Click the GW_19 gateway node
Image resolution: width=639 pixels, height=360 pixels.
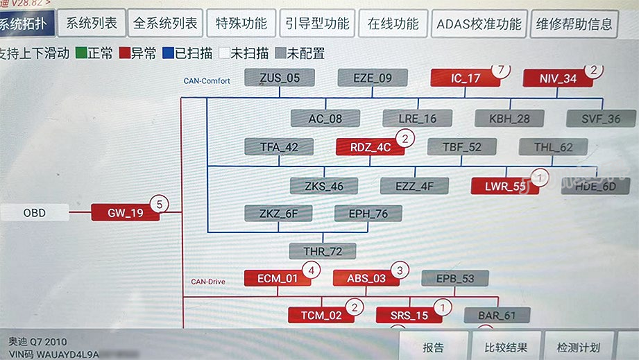click(126, 213)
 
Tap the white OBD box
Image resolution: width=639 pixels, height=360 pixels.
click(35, 213)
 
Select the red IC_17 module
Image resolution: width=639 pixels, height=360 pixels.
click(465, 78)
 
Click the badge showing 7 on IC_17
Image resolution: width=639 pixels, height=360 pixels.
click(500, 69)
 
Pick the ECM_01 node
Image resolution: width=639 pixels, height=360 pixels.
click(278, 278)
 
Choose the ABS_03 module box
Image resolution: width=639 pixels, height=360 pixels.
click(366, 278)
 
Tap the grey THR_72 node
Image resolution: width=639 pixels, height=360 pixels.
click(322, 250)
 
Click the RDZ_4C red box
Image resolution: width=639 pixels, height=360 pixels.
click(370, 146)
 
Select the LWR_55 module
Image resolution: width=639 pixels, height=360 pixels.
click(504, 186)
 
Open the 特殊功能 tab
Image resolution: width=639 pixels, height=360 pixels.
click(241, 24)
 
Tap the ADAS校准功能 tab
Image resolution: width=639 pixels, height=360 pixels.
click(479, 24)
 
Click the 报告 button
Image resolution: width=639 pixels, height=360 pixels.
click(433, 348)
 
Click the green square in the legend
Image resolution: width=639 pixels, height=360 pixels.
click(80, 53)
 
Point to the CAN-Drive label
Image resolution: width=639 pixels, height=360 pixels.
click(208, 282)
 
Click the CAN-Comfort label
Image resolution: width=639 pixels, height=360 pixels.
click(206, 80)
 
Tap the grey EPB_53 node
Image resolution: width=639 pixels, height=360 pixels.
click(455, 278)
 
